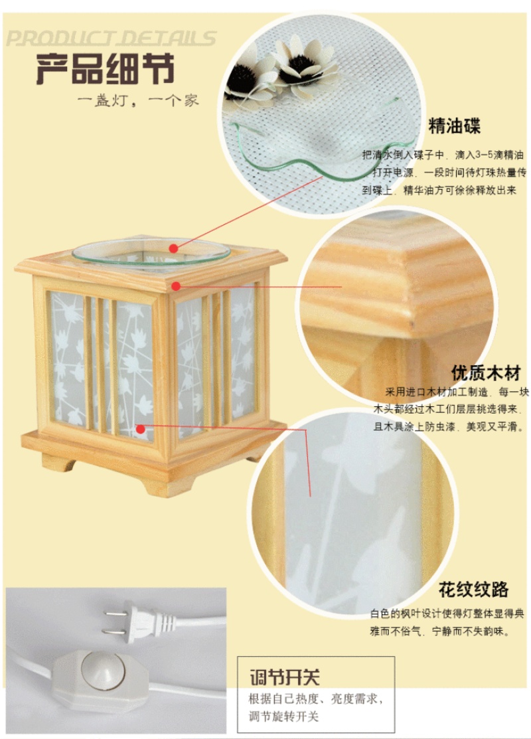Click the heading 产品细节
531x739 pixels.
pyautogui.click(x=105, y=69)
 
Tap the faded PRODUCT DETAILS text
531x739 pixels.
pyautogui.click(x=111, y=39)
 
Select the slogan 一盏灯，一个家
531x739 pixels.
pyautogui.click(x=138, y=100)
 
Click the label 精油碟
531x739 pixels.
pyautogui.click(x=454, y=126)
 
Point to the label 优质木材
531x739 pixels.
pyautogui.click(x=486, y=372)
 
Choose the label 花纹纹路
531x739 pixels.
pyautogui.click(x=473, y=589)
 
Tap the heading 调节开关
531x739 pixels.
pyautogui.click(x=285, y=677)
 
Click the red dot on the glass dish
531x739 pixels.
pyautogui.click(x=174, y=248)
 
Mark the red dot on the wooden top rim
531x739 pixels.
pyautogui.click(x=176, y=286)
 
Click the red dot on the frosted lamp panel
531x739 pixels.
pyautogui.click(x=141, y=428)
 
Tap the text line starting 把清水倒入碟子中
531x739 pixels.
pyautogui.click(x=443, y=155)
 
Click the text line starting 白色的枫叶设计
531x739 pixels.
pyautogui.click(x=447, y=613)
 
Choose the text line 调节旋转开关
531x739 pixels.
pyautogui.click(x=283, y=716)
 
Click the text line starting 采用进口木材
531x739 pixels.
pyautogui.click(x=457, y=392)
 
